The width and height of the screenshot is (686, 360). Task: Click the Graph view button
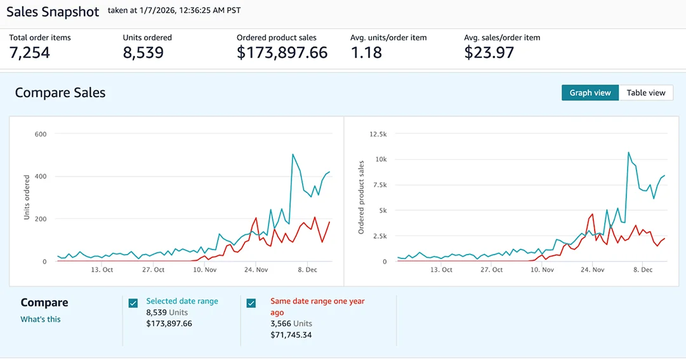click(x=590, y=93)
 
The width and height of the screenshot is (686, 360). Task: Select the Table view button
click(x=645, y=93)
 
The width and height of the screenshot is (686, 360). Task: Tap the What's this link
click(x=41, y=319)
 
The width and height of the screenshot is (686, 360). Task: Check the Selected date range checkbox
click(x=133, y=303)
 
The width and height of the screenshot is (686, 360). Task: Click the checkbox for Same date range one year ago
click(x=251, y=303)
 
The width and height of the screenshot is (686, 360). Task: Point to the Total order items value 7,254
click(x=29, y=53)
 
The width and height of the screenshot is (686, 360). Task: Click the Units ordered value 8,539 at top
click(x=143, y=53)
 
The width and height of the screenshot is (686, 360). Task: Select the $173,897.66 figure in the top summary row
click(x=282, y=53)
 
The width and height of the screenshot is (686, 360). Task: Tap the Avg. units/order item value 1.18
click(x=366, y=53)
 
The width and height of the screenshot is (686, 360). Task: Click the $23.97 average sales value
click(x=489, y=53)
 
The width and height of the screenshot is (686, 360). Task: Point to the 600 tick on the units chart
click(x=41, y=134)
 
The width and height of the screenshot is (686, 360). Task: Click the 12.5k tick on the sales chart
click(x=378, y=134)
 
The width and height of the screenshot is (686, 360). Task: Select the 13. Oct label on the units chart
click(x=102, y=270)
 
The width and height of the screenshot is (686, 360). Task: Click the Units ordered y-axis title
click(x=27, y=197)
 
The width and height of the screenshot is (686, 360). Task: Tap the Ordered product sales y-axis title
click(x=361, y=197)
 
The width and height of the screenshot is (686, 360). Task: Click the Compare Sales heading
click(x=60, y=93)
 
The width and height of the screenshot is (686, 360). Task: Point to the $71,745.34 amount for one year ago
click(x=291, y=335)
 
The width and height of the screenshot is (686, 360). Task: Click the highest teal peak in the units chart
click(x=293, y=154)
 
